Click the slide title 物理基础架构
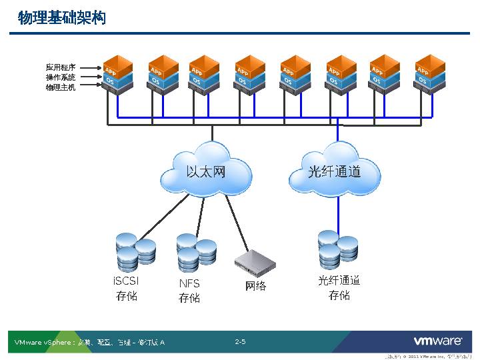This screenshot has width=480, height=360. [x=62, y=18]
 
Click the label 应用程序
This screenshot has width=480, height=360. [x=61, y=67]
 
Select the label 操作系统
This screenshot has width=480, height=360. [x=61, y=77]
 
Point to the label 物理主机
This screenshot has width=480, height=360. [x=61, y=87]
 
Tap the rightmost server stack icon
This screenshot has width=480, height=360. [x=430, y=75]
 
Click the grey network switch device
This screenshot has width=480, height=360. [x=255, y=264]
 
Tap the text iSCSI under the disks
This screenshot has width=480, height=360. [x=127, y=281]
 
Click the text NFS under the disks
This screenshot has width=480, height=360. [x=189, y=283]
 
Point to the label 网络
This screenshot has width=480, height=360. [x=255, y=286]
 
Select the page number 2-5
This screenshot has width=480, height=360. [x=240, y=342]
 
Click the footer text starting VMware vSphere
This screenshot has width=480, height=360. [x=90, y=343]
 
